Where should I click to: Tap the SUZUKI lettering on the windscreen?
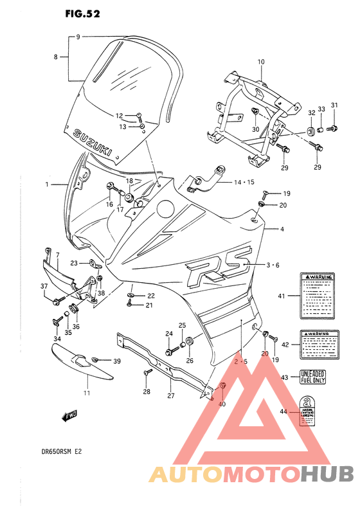pyautogui.click(x=94, y=141)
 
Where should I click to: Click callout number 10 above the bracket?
pyautogui.click(x=261, y=62)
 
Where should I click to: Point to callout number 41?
pyautogui.click(x=281, y=296)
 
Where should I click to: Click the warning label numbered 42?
pyautogui.click(x=318, y=344)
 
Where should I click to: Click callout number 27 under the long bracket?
pyautogui.click(x=170, y=396)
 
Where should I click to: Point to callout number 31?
pyautogui.click(x=334, y=105)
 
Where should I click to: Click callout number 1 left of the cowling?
pyautogui.click(x=47, y=185)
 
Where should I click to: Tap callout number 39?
pyautogui.click(x=116, y=361)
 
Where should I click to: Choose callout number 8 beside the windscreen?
pyautogui.click(x=56, y=57)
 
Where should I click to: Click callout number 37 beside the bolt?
pyautogui.click(x=44, y=287)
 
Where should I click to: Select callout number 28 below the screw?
pyautogui.click(x=146, y=391)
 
